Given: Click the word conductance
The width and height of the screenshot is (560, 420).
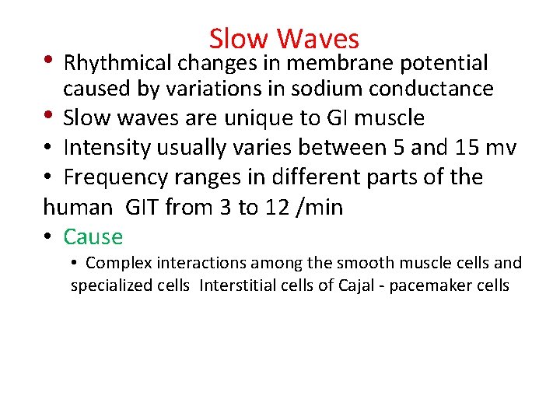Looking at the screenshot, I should [x=438, y=89].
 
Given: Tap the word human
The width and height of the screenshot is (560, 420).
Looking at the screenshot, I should [x=78, y=208].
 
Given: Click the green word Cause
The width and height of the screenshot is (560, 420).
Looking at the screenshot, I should [x=93, y=236].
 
